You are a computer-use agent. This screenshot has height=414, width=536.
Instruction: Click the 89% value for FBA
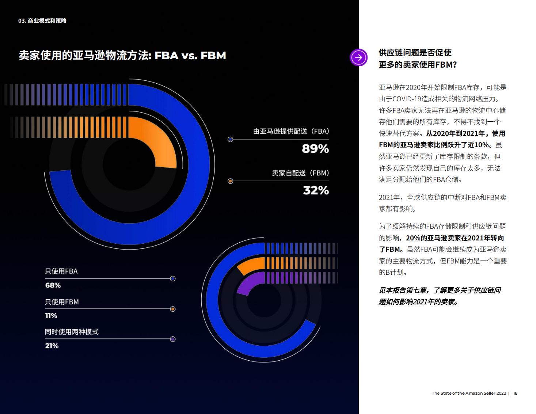(315, 149)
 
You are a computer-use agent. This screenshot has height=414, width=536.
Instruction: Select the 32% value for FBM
(316, 190)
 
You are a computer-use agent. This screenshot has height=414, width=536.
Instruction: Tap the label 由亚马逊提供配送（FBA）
(291, 131)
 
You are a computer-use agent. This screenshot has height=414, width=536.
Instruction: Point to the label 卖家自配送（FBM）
(300, 173)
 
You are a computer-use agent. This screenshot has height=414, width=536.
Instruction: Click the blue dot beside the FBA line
(230, 139)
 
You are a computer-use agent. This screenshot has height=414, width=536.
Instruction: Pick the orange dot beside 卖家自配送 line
(230, 181)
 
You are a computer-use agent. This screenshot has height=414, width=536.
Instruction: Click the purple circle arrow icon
(358, 57)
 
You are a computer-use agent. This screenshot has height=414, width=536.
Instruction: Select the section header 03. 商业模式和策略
(42, 21)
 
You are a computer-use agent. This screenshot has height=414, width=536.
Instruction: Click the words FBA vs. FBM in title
(190, 56)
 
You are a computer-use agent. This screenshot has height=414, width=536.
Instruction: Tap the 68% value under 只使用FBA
(53, 285)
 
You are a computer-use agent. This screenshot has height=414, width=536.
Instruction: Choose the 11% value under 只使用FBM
(51, 315)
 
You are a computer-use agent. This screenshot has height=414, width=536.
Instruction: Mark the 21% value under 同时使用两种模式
(52, 346)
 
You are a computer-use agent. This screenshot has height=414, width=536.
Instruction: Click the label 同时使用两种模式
(72, 332)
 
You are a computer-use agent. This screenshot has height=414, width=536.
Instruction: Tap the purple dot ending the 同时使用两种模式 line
(173, 339)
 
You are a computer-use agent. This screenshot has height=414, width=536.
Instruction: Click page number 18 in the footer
(515, 393)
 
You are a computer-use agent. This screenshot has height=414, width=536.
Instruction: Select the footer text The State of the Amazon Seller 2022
(469, 393)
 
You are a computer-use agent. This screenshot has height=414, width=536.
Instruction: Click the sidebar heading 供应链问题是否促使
(415, 53)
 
